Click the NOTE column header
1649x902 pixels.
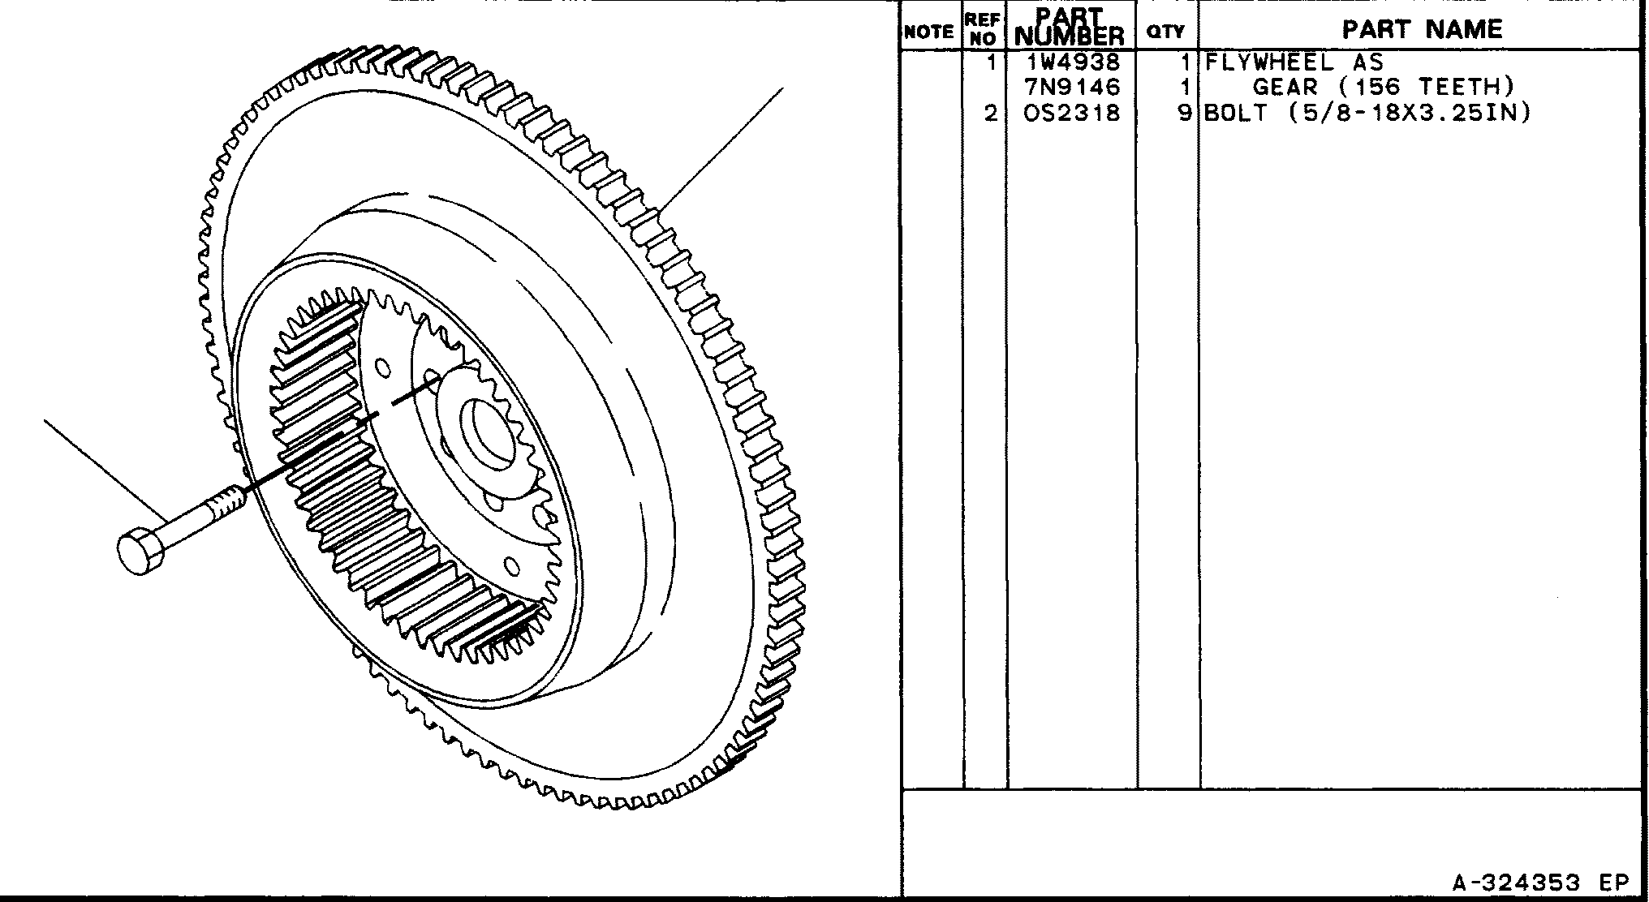(929, 32)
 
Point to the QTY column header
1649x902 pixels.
(1165, 32)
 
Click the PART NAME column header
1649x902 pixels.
(1422, 29)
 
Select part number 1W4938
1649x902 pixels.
(1073, 62)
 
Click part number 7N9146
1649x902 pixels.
(1073, 87)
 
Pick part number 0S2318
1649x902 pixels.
(1073, 112)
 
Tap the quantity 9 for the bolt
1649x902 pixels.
(1186, 112)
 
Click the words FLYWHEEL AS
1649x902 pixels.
(1294, 62)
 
